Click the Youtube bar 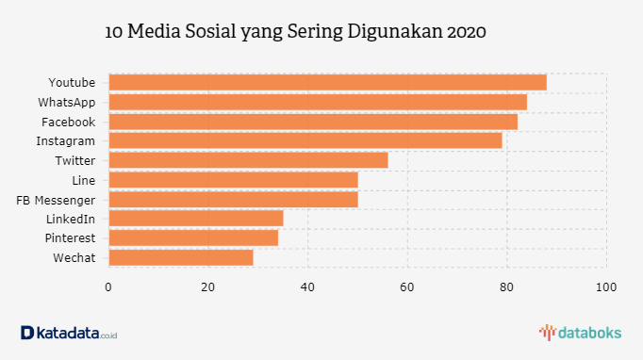click(327, 82)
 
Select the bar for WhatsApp click(318, 102)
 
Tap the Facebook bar click(313, 122)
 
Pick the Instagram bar click(305, 140)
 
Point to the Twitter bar click(248, 160)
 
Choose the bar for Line click(233, 180)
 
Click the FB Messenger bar click(233, 199)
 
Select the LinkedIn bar click(196, 219)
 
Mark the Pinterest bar click(193, 237)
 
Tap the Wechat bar click(181, 257)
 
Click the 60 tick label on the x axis click(407, 287)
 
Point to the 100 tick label click(606, 287)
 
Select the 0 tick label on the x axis click(109, 287)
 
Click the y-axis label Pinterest click(70, 237)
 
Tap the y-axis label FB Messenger click(56, 199)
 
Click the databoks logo click(580, 332)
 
